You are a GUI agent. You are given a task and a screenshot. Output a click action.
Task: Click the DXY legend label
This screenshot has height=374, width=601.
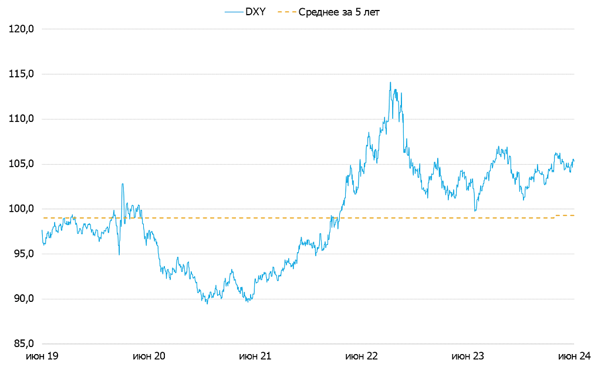click(255, 12)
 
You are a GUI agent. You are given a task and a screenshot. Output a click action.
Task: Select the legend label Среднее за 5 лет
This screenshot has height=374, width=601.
click(339, 12)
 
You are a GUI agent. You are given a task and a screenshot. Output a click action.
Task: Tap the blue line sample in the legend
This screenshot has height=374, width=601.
click(233, 12)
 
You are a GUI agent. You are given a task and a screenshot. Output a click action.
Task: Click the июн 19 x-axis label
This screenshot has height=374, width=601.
click(43, 356)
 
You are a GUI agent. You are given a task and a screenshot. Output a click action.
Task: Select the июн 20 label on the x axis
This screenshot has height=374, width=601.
click(149, 356)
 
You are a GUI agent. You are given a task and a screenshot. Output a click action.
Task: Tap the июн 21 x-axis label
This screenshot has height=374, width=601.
click(255, 356)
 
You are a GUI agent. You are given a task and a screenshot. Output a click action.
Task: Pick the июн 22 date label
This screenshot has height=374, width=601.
click(362, 356)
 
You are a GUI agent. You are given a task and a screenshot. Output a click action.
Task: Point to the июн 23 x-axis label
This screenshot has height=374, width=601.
click(468, 356)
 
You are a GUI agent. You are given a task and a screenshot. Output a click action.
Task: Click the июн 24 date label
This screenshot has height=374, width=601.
click(573, 356)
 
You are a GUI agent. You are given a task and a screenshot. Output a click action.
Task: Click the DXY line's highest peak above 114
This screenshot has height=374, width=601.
click(390, 83)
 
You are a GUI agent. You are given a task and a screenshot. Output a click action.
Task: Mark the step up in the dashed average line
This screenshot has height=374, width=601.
click(555, 216)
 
